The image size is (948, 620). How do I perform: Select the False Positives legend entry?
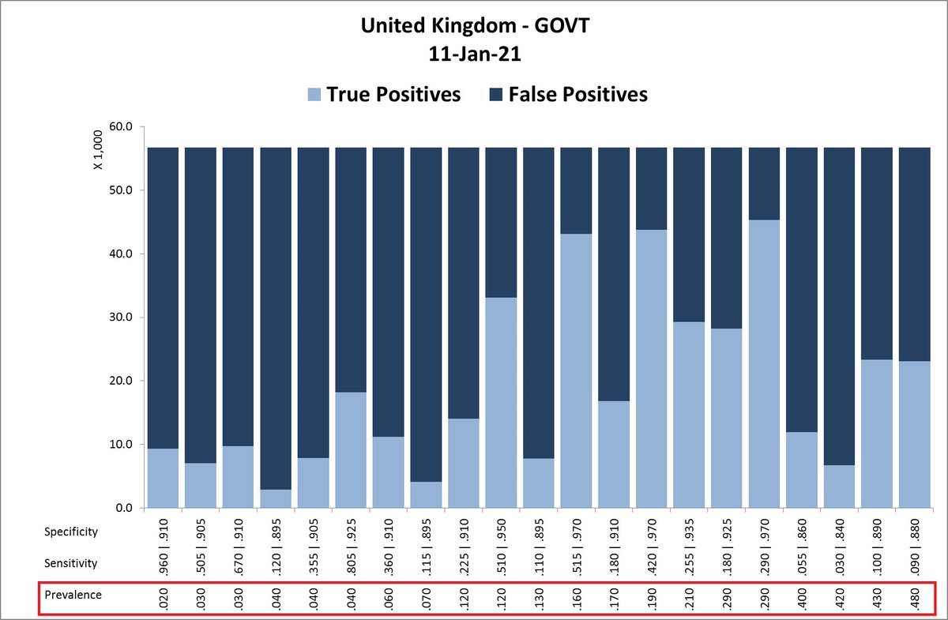pos(567,95)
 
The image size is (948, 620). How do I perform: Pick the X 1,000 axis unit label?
pos(98,151)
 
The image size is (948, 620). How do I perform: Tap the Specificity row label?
pos(71,532)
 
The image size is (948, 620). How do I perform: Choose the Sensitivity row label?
pos(71,563)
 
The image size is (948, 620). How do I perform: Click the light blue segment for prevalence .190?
pos(651,369)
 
